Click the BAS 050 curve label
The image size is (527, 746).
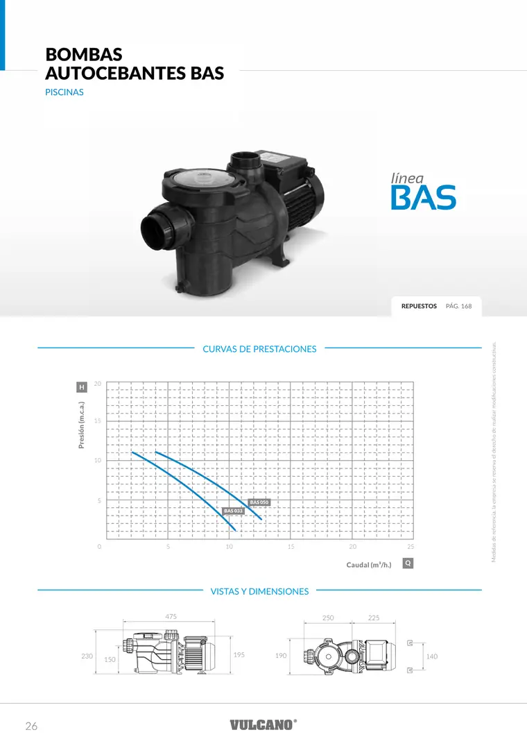click(259, 502)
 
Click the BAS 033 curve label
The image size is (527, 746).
click(233, 511)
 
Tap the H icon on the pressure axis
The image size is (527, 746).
click(82, 387)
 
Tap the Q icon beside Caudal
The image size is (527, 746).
click(408, 563)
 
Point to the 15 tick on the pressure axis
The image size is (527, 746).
click(97, 421)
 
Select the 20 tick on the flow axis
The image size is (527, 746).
click(352, 547)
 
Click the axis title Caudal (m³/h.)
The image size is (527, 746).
click(369, 565)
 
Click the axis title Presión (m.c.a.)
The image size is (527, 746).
click(81, 425)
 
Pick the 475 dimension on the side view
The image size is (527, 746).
click(171, 617)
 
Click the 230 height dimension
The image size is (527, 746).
click(87, 656)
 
